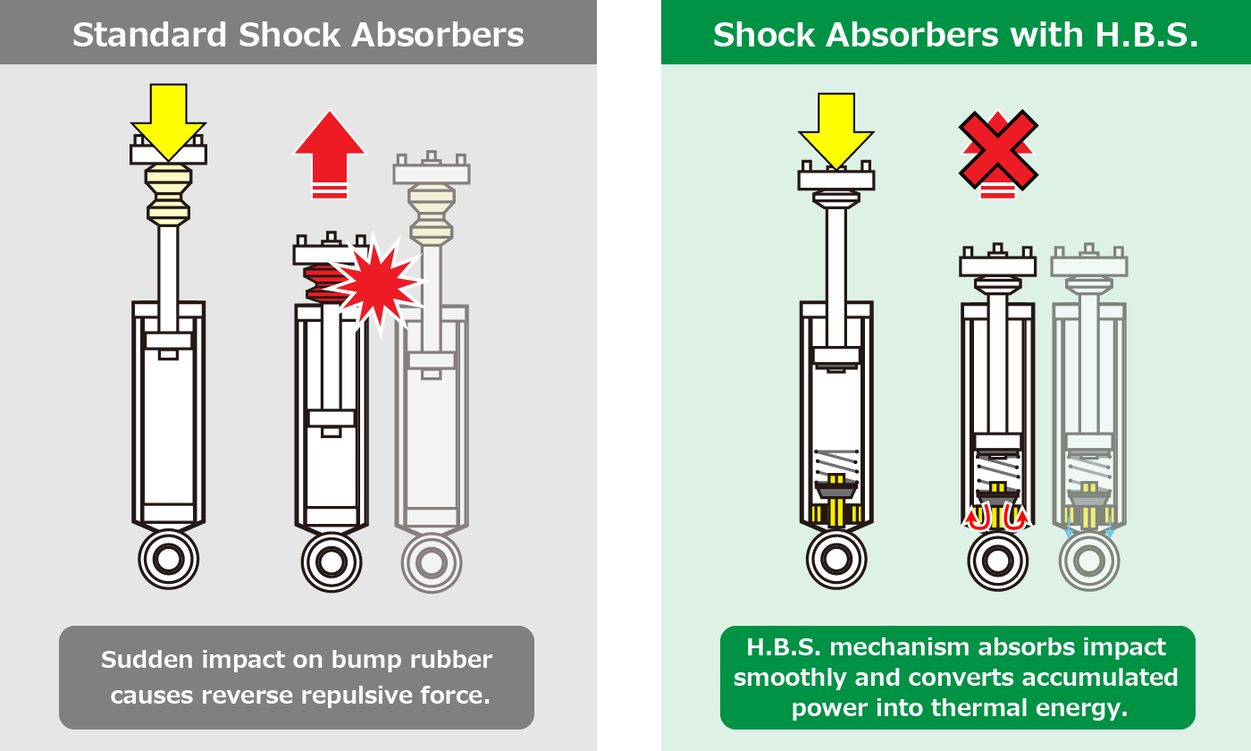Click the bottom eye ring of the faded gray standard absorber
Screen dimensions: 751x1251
(432, 561)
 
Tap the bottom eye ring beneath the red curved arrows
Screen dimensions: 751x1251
(998, 561)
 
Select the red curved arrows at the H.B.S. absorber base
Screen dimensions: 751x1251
(998, 517)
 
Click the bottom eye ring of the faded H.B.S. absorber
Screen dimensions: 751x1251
(1089, 561)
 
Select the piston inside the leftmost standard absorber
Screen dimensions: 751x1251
(168, 341)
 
